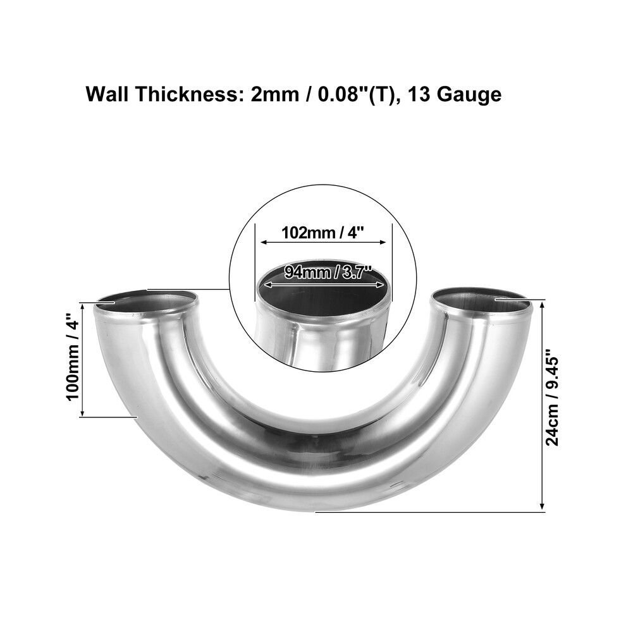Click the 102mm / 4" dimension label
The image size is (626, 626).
point(323,233)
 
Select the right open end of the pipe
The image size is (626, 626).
point(481,302)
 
